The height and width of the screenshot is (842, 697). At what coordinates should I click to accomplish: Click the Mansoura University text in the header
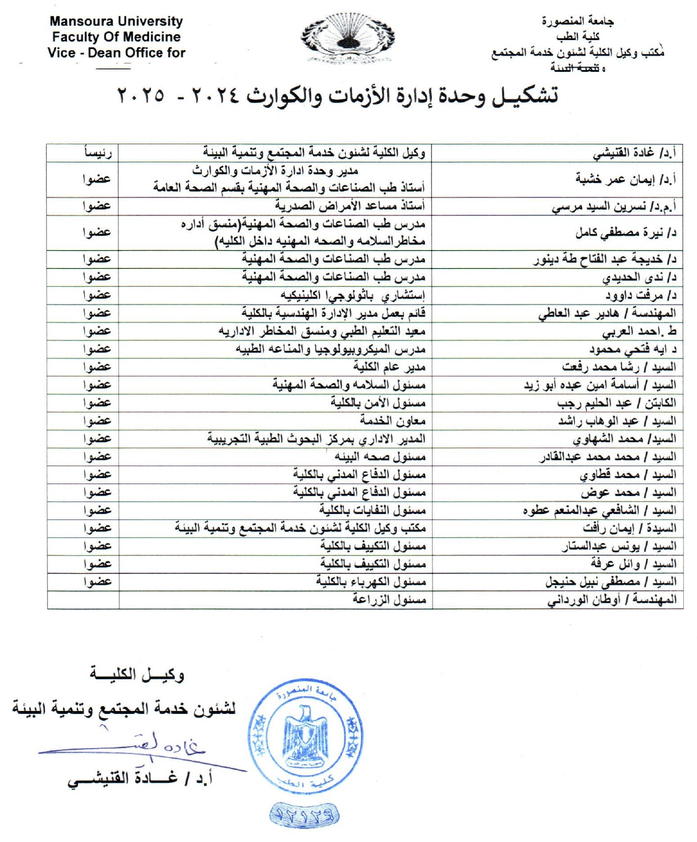[x=116, y=21]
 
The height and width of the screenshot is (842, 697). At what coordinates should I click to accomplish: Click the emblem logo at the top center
[x=347, y=39]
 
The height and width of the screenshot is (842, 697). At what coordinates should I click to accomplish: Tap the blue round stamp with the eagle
[x=305, y=737]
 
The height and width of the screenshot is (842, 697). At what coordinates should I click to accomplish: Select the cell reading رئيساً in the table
[x=97, y=153]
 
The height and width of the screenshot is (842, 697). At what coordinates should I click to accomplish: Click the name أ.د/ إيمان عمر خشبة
[x=625, y=179]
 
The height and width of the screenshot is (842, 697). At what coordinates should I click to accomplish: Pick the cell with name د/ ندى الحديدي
[x=639, y=277]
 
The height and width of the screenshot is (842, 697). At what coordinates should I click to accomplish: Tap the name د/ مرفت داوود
[x=640, y=295]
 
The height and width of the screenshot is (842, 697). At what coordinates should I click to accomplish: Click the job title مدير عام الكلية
[x=389, y=367]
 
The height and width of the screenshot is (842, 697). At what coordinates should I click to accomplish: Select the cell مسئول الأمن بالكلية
[x=378, y=403]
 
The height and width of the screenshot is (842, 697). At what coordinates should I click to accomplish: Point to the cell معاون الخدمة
[x=392, y=421]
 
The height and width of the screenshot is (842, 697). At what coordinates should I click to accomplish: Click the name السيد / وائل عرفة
[x=633, y=564]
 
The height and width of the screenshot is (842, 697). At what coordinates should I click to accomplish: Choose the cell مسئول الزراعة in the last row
[x=389, y=600]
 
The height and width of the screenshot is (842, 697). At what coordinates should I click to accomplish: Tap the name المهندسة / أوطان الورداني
[x=611, y=600]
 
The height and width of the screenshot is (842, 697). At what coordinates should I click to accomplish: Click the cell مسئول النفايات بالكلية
[x=372, y=510]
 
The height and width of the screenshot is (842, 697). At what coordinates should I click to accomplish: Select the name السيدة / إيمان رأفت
[x=629, y=528]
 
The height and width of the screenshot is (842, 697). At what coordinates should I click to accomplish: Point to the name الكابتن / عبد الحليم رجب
[x=616, y=403]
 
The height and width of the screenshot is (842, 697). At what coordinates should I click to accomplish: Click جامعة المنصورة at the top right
[x=577, y=22]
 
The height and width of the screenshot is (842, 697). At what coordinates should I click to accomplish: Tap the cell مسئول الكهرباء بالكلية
[x=371, y=582]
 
